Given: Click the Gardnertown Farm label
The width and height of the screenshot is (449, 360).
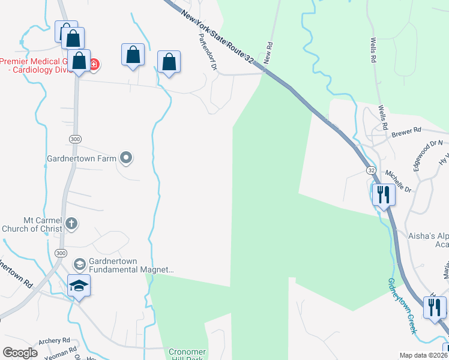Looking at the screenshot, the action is pos(81,159).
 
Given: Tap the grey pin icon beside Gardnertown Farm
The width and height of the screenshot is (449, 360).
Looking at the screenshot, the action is pos(126,158).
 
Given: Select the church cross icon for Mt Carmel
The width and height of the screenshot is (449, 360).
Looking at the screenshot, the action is pos(71,224).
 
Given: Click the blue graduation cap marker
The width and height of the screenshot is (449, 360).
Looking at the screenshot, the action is pos(79,286).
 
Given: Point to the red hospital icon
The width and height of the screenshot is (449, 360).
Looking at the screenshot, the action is pos(94,63).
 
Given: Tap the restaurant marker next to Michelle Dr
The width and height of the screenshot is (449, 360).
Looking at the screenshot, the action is pos(382,194).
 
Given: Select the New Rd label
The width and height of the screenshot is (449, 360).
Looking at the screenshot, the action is pos(268,53).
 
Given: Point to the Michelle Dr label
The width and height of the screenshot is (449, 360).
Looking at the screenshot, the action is pos(399,181).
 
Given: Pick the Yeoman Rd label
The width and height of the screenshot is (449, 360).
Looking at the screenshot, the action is pos(61,351).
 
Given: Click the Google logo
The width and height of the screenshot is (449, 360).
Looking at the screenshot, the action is pos(19,352).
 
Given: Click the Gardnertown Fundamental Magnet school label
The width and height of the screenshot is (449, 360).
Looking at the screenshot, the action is pos(131,266).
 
